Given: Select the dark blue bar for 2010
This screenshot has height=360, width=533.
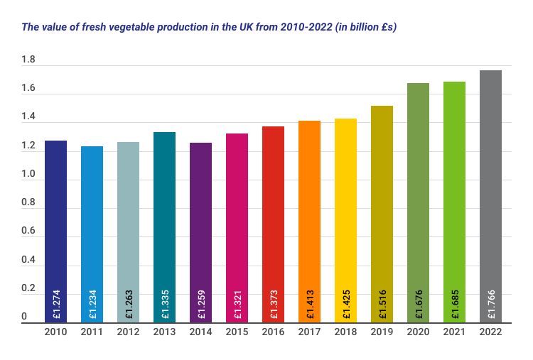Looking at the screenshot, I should [55, 227].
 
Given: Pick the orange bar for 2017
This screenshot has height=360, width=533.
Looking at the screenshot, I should [309, 220].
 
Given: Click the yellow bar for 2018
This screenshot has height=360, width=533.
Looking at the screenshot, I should [345, 220].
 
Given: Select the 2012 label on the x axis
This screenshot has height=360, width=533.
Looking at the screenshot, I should [128, 332].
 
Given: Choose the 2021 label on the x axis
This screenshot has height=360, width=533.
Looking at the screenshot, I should [454, 332].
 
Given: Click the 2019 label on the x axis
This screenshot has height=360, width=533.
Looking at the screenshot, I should [382, 332].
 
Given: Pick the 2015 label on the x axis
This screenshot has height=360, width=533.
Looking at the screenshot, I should [237, 332].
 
